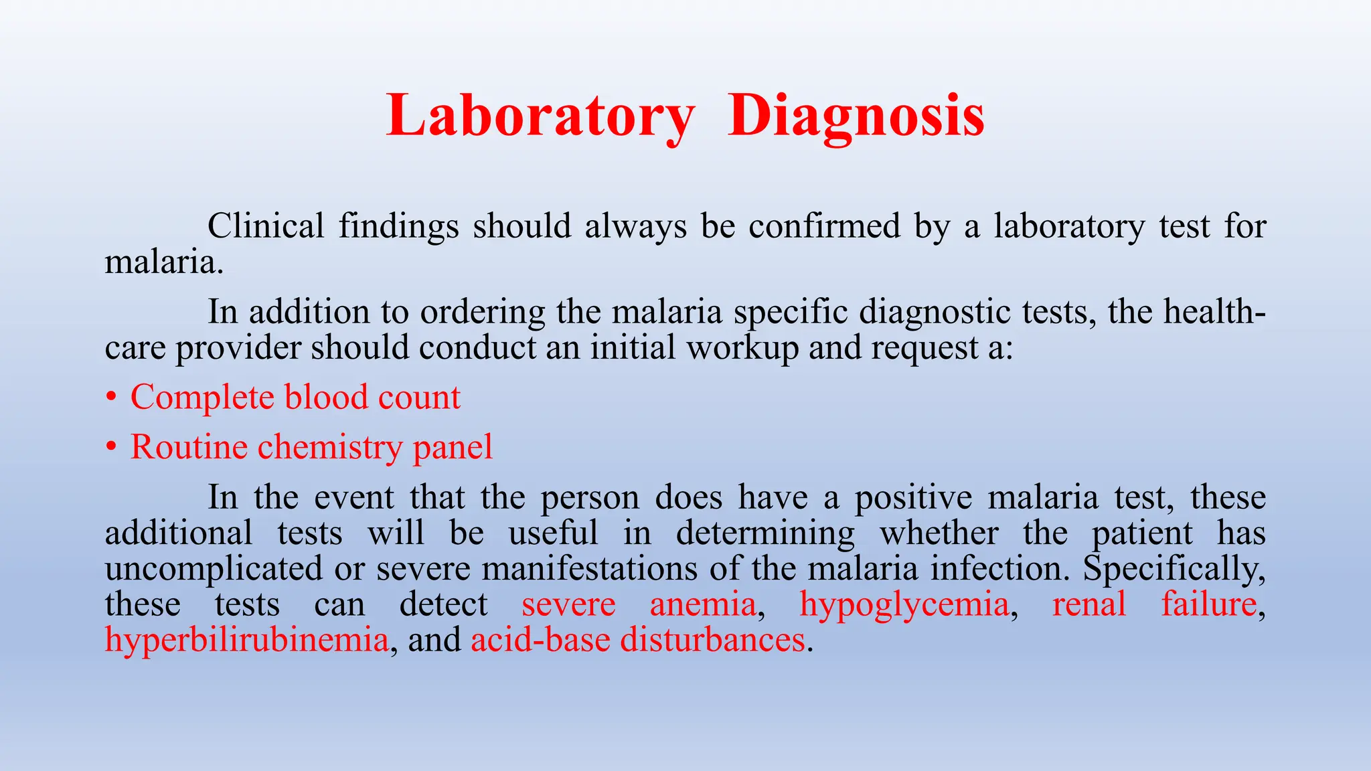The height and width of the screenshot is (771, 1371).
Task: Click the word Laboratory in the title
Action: tap(541, 116)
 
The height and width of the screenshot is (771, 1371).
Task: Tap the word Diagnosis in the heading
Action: tap(856, 116)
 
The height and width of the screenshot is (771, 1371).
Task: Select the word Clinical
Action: tap(266, 226)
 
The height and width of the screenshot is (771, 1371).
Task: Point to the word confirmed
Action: tap(824, 226)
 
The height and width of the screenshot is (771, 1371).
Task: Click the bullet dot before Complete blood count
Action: tap(111, 398)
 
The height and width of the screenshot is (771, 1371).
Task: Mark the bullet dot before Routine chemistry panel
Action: tap(111, 447)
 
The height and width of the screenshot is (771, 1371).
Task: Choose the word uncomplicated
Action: tap(214, 569)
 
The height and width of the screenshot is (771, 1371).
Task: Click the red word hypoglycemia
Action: tap(904, 604)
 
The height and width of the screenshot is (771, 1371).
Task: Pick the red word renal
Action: tap(1089, 604)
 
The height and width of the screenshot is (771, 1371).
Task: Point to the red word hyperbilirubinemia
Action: tap(246, 640)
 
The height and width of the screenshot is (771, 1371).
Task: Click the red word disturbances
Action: tap(712, 640)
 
